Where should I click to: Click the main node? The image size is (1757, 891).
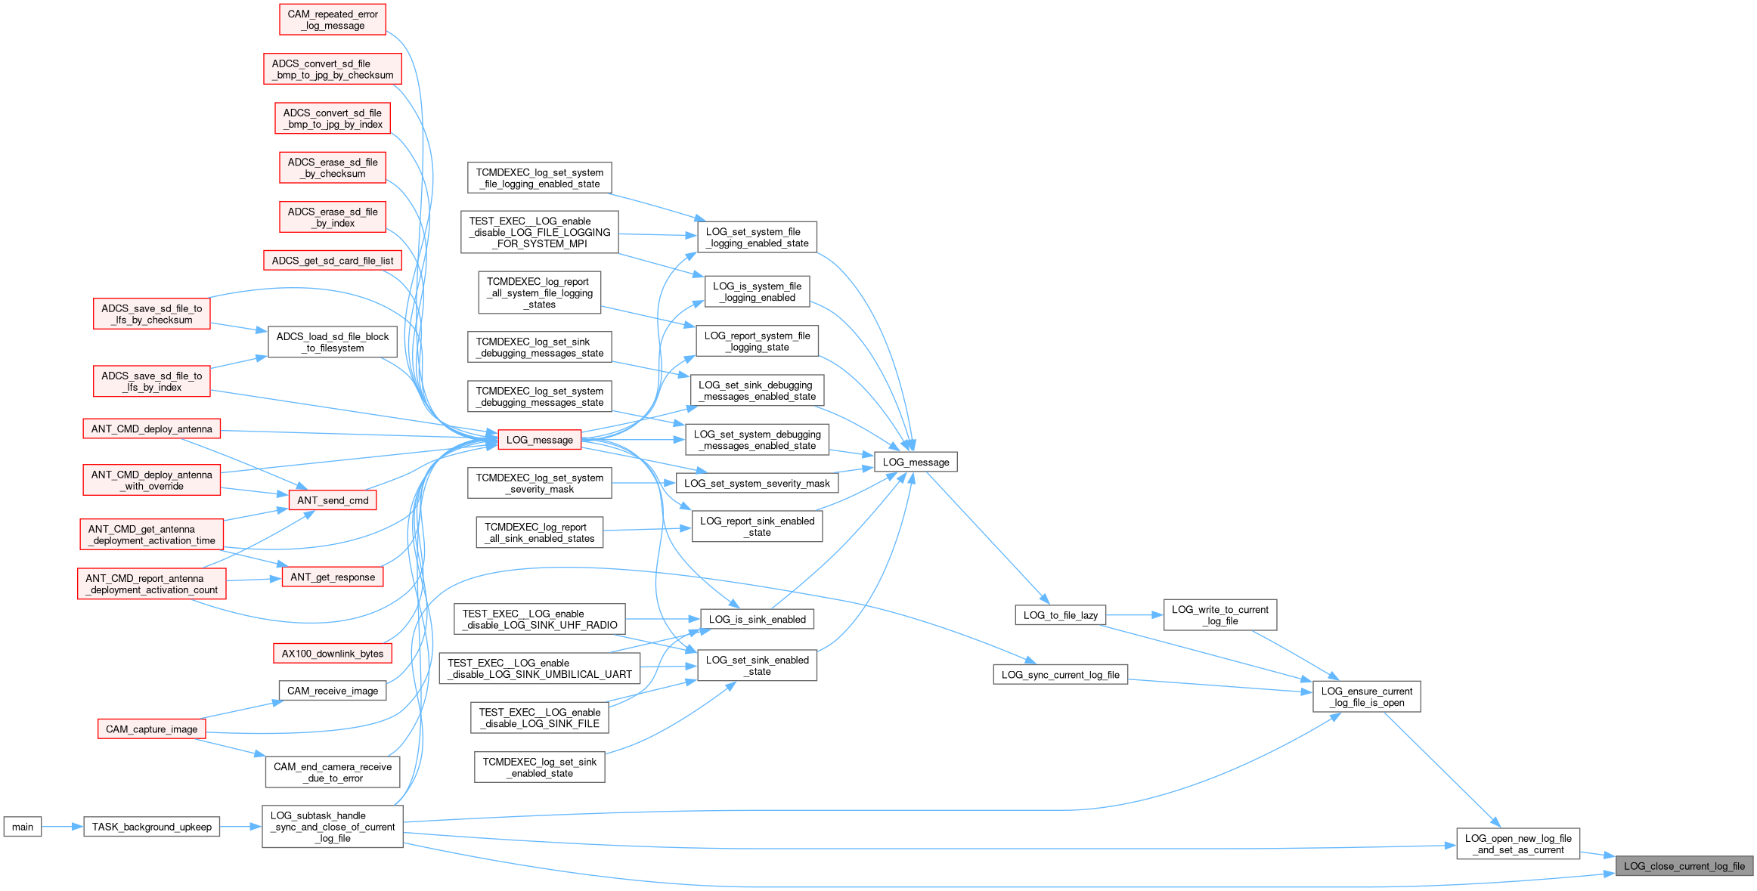pyautogui.click(x=23, y=827)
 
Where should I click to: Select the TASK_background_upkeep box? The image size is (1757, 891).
pyautogui.click(x=151, y=827)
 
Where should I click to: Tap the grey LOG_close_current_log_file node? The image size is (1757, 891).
pyautogui.click(x=1684, y=866)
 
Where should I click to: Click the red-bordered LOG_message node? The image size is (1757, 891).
pyautogui.click(x=539, y=440)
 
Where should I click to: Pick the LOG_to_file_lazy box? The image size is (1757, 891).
pyautogui.click(x=1060, y=615)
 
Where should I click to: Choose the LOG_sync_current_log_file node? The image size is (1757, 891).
pyautogui.click(x=1060, y=675)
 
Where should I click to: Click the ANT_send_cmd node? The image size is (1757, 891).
pyautogui.click(x=333, y=500)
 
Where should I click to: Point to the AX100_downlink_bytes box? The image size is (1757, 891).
pyautogui.click(x=333, y=654)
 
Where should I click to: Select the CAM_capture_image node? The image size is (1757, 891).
pyautogui.click(x=151, y=729)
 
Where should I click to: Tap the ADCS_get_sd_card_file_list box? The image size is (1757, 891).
pyautogui.click(x=333, y=261)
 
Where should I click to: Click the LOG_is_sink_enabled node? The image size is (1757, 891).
pyautogui.click(x=757, y=620)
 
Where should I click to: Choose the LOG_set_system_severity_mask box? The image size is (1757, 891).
pyautogui.click(x=757, y=484)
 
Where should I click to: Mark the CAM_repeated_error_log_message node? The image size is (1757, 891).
pyautogui.click(x=333, y=20)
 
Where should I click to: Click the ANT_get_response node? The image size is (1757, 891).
pyautogui.click(x=333, y=577)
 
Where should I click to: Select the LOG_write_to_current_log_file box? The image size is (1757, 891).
pyautogui.click(x=1219, y=615)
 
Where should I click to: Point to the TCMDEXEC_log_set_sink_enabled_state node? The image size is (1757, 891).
pyautogui.click(x=539, y=768)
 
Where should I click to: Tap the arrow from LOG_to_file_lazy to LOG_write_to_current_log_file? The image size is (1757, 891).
pyautogui.click(x=1134, y=615)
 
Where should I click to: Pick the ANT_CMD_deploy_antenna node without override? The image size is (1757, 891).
pyautogui.click(x=151, y=429)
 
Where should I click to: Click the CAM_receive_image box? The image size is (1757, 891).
pyautogui.click(x=333, y=691)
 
